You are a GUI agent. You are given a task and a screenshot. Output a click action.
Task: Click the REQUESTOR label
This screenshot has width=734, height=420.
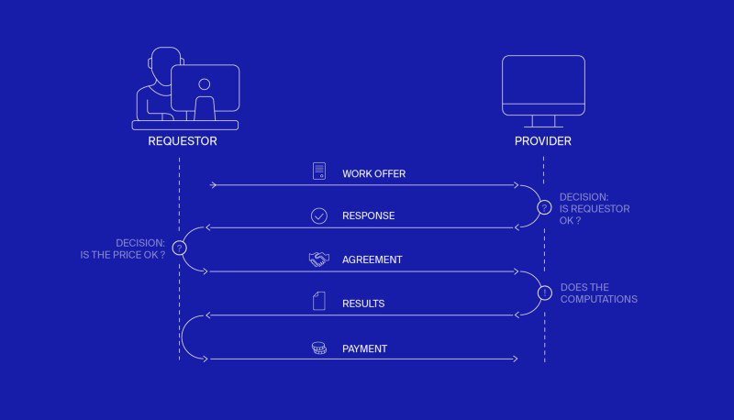point(182,141)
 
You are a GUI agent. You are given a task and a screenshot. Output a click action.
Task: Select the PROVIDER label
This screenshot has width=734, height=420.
point(543,141)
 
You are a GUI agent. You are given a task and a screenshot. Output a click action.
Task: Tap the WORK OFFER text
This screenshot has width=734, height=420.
point(373,173)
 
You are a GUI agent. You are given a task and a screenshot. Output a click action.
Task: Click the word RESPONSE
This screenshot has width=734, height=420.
point(368,216)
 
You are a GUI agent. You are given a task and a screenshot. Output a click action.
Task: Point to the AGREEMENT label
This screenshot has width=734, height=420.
point(372,260)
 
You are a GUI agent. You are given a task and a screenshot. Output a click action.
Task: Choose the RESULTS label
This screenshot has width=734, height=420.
point(363,303)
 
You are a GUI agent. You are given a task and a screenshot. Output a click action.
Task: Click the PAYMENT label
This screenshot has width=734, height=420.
point(364,348)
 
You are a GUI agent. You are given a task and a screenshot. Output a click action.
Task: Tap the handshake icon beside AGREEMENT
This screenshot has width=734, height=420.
point(319,260)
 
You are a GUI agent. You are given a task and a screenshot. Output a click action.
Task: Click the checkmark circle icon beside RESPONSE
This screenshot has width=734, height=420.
point(319,216)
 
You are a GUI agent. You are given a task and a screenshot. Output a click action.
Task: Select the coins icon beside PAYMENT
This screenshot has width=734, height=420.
point(319,348)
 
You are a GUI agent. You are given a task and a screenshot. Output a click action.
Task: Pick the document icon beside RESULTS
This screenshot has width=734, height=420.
point(319,302)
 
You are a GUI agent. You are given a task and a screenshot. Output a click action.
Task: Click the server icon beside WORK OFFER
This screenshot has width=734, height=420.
point(319,171)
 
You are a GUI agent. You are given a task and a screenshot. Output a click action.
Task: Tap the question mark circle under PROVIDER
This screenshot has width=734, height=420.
point(544,207)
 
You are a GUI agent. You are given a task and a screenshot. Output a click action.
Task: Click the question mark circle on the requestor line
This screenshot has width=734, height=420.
point(180,249)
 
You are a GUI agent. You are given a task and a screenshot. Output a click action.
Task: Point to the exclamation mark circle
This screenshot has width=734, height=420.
point(544,293)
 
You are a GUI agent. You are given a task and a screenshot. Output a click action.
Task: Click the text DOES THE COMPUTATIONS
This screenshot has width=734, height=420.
point(599,293)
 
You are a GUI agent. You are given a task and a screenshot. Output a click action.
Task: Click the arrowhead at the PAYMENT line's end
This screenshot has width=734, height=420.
point(516,359)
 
